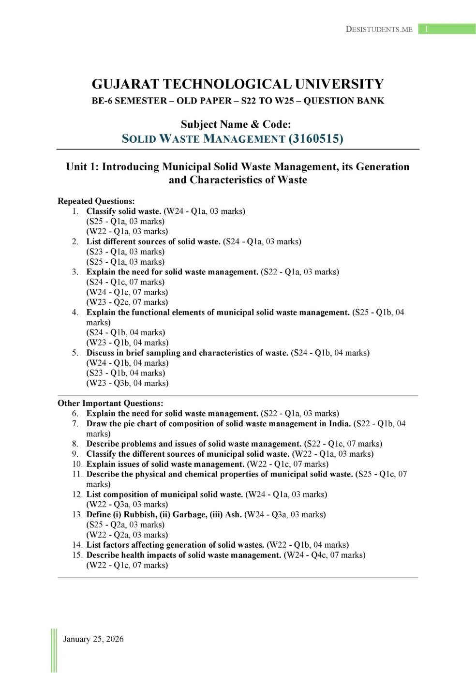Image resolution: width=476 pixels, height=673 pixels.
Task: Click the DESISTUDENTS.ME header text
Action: (x=379, y=29)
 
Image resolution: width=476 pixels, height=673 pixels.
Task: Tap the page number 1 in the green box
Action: (x=426, y=29)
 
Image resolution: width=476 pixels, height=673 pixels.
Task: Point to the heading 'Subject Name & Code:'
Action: (x=236, y=124)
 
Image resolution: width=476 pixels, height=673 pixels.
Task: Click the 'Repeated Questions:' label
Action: (x=96, y=201)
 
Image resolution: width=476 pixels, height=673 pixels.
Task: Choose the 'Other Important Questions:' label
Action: (x=110, y=403)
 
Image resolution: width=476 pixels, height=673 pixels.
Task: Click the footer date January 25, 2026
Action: (x=93, y=639)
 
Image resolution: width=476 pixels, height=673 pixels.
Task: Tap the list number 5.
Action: (x=75, y=353)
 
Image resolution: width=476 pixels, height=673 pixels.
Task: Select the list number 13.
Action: (x=77, y=514)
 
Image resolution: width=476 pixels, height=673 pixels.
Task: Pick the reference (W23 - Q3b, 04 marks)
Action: (x=128, y=383)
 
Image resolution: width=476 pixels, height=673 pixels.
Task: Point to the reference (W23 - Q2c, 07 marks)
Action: (x=127, y=302)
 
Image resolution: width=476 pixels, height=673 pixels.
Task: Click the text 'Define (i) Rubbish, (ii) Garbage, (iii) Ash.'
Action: (x=164, y=514)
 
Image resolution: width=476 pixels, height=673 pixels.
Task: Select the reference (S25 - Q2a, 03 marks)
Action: (x=125, y=524)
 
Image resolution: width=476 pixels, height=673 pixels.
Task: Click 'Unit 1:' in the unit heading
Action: (x=82, y=166)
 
